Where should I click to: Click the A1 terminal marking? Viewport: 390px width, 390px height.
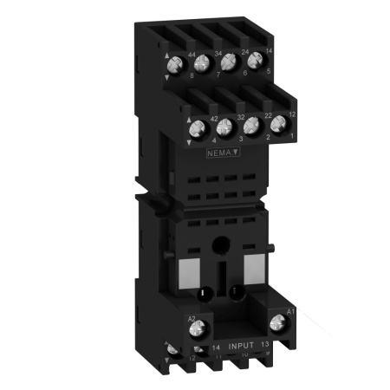point(288,311)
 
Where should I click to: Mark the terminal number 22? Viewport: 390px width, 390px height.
point(266,115)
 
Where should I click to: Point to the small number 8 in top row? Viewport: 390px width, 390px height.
point(192,76)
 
